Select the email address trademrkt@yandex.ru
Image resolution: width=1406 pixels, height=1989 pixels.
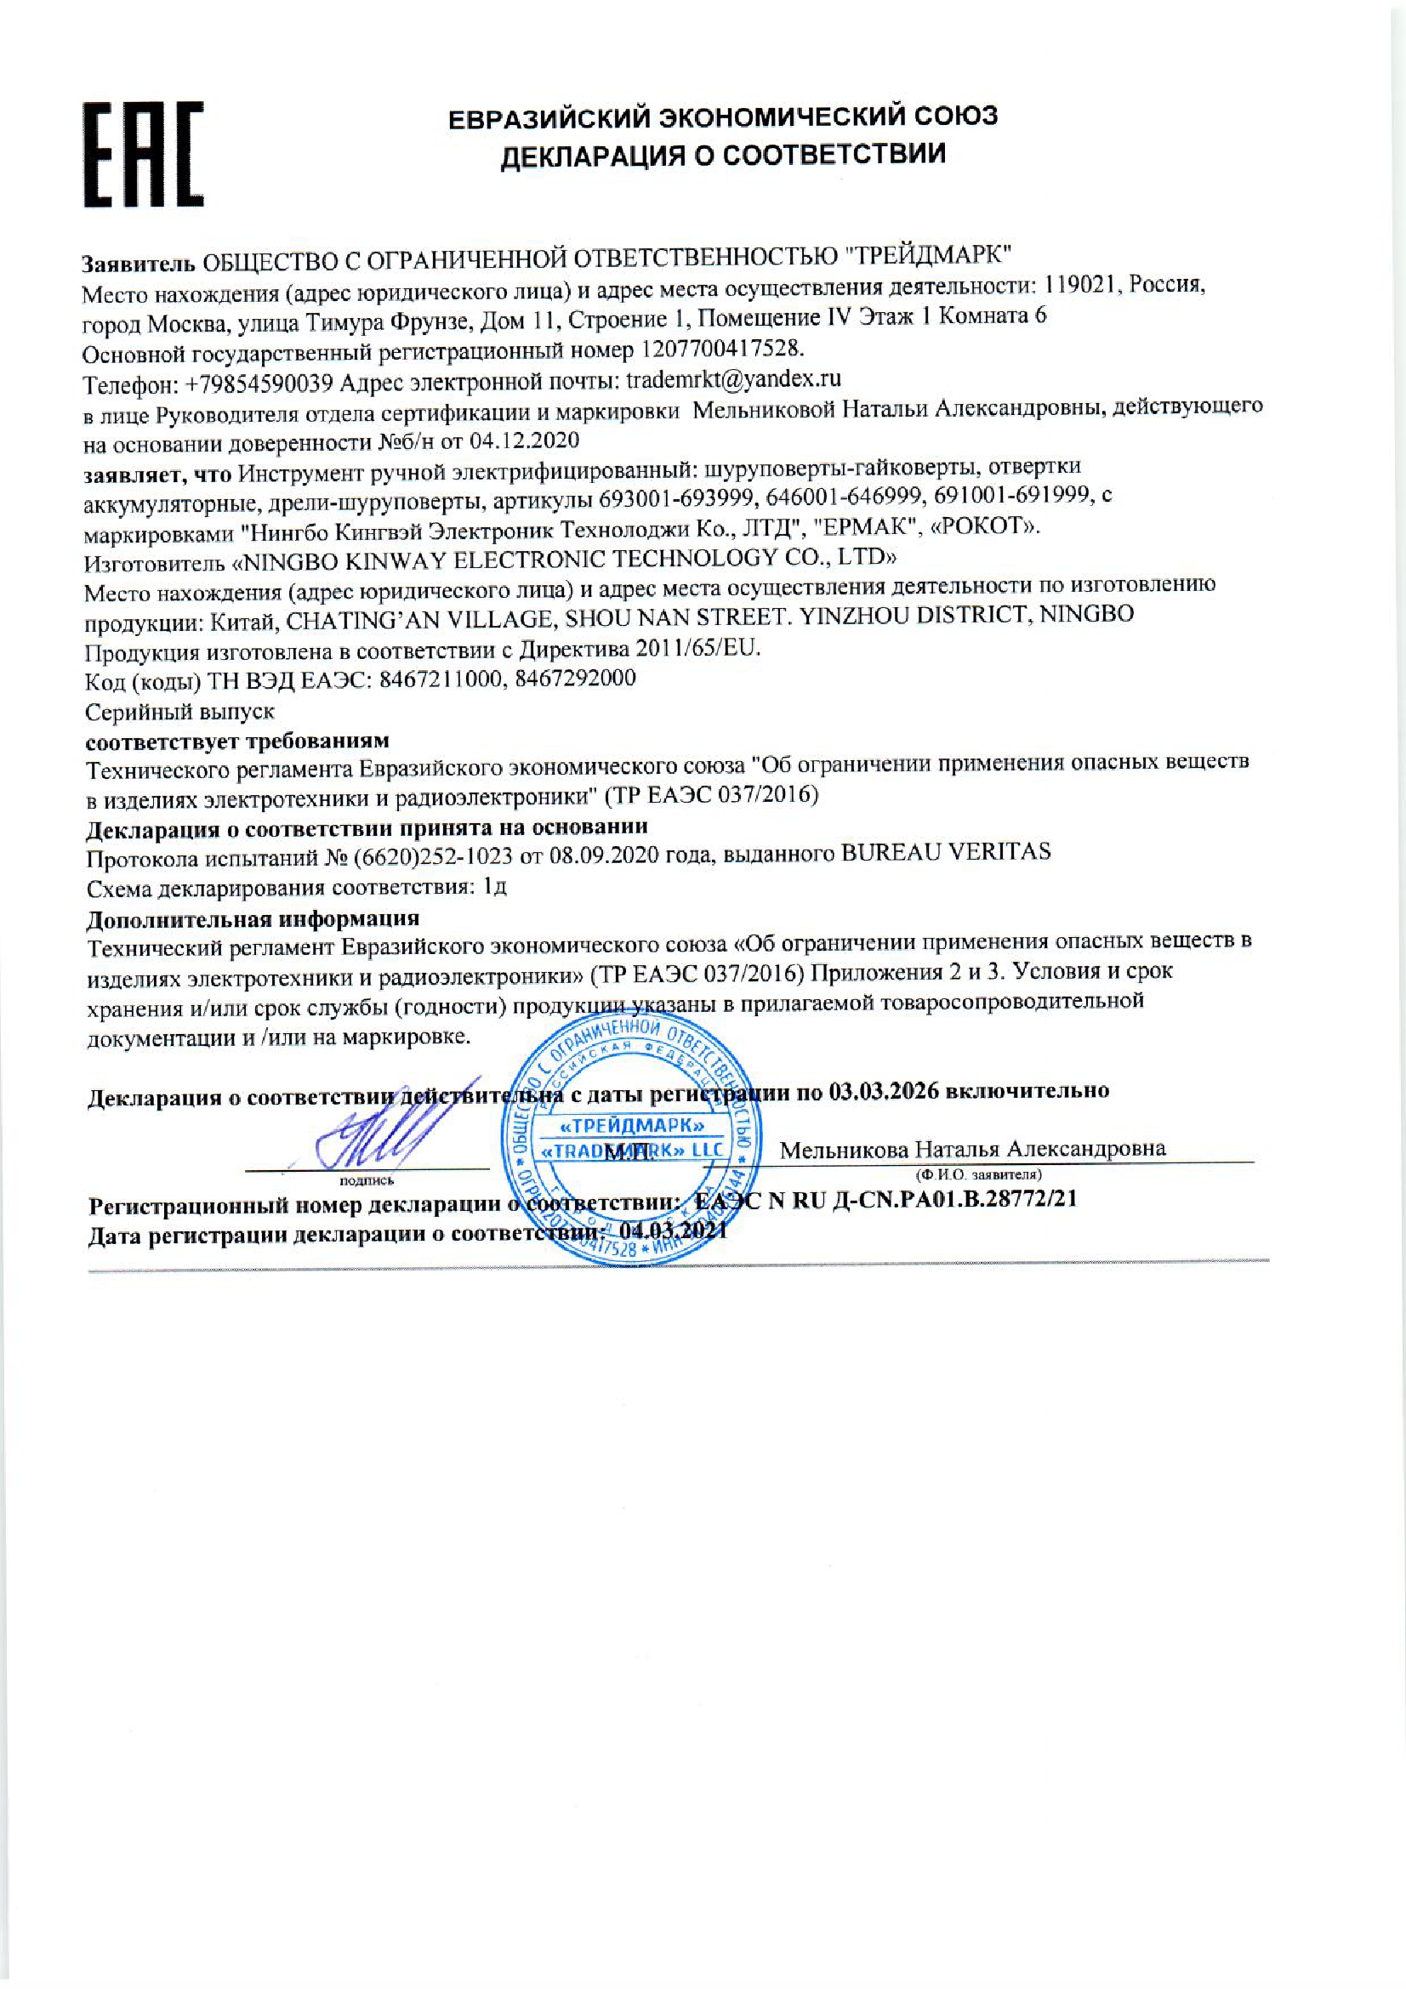pyautogui.click(x=733, y=378)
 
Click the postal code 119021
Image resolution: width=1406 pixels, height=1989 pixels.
pyautogui.click(x=1084, y=285)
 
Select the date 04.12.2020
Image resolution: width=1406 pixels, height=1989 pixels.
pyautogui.click(x=524, y=441)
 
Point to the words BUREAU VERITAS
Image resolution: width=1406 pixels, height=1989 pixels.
pyautogui.click(x=946, y=851)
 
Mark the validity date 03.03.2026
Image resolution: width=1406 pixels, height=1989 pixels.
pyautogui.click(x=884, y=1091)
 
